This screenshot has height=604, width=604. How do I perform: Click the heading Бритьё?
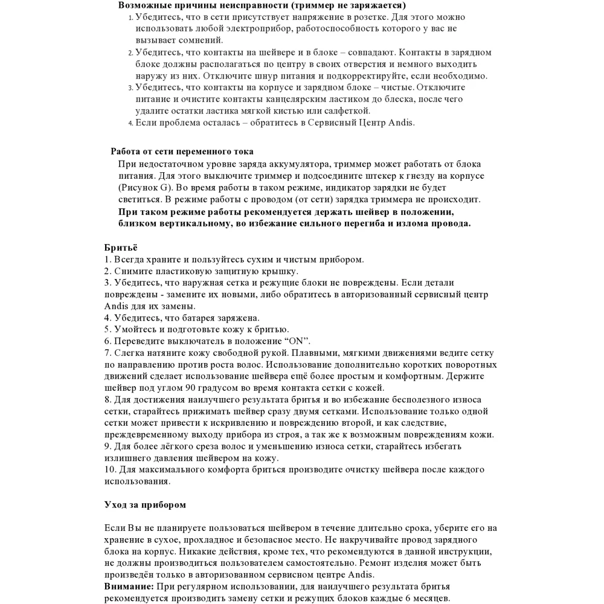point(121,248)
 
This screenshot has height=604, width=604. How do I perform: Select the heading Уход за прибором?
point(145,504)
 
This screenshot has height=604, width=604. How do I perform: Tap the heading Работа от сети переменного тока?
point(182,152)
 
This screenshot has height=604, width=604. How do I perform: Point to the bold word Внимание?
point(129,586)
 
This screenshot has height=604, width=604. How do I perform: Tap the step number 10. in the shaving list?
point(111,469)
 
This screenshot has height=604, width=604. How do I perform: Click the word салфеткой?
point(345,111)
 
